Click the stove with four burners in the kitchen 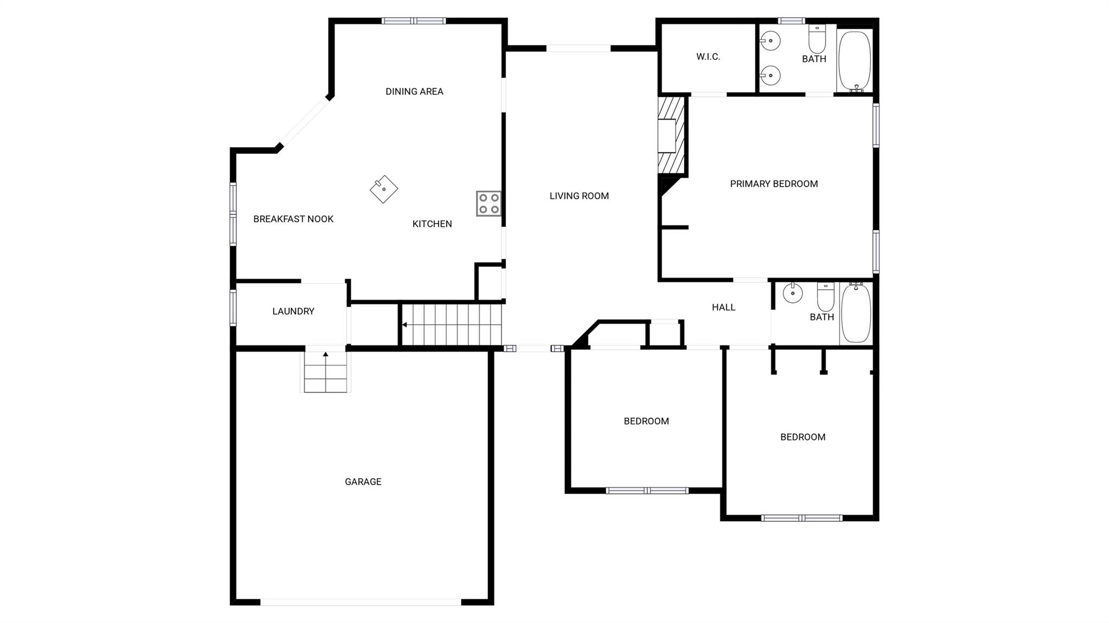pos(488,204)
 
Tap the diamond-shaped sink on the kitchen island pos(384,189)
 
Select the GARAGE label pos(363,482)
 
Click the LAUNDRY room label pos(293,311)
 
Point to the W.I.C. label pos(708,57)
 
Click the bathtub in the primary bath pos(854,61)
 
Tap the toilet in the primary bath pos(817,39)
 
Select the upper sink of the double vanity pos(770,41)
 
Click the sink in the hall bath pos(793,293)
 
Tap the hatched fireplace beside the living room pos(671,135)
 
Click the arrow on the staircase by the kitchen pos(405,325)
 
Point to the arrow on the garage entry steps pos(325,355)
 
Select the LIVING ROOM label pos(579,196)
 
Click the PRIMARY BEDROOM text pos(774,184)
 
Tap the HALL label pos(723,307)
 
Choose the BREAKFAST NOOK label pos(293,219)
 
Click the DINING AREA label pos(414,91)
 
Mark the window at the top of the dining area pos(414,21)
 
